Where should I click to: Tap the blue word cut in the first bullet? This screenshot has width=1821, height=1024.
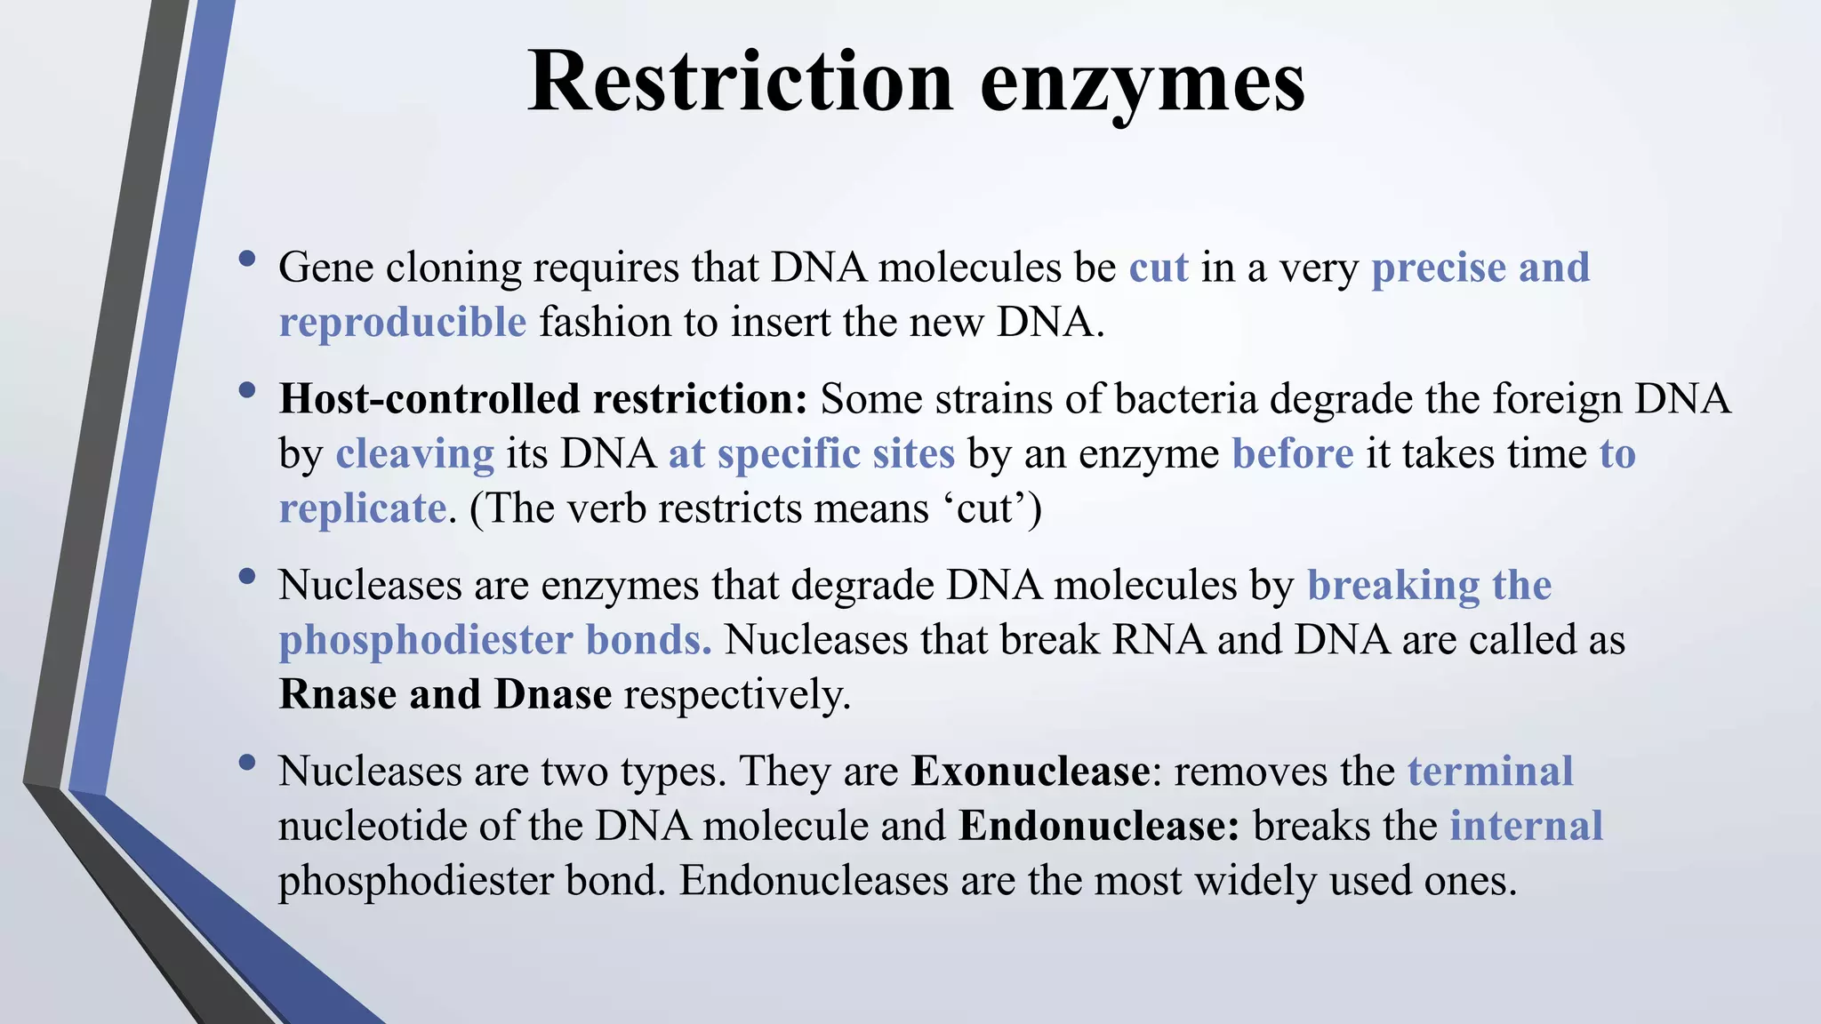pyautogui.click(x=1159, y=268)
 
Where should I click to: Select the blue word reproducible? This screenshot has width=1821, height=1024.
pyautogui.click(x=403, y=323)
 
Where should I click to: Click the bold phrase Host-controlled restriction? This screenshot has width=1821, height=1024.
pyautogui.click(x=542, y=399)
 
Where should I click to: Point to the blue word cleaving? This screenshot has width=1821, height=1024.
pyautogui.click(x=414, y=454)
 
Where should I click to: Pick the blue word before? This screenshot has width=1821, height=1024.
pyautogui.click(x=1292, y=454)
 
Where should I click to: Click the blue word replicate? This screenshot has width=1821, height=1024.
pyautogui.click(x=362, y=509)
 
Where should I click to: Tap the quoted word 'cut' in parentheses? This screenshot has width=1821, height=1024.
pyautogui.click(x=985, y=509)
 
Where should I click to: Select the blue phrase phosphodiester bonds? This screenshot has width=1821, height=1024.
pyautogui.click(x=494, y=640)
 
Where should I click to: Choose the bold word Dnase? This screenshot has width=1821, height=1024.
pyautogui.click(x=553, y=694)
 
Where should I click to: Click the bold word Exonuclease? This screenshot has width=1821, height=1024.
pyautogui.click(x=1031, y=772)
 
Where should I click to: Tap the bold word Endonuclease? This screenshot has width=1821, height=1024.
pyautogui.click(x=1099, y=827)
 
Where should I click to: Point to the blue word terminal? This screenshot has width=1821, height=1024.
pyautogui.click(x=1490, y=772)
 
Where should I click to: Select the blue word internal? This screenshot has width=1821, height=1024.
pyautogui.click(x=1526, y=827)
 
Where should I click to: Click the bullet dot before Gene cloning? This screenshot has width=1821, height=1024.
pyautogui.click(x=247, y=260)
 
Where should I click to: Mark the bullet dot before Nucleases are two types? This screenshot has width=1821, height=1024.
pyautogui.click(x=247, y=763)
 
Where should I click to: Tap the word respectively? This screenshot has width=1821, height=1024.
pyautogui.click(x=737, y=695)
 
